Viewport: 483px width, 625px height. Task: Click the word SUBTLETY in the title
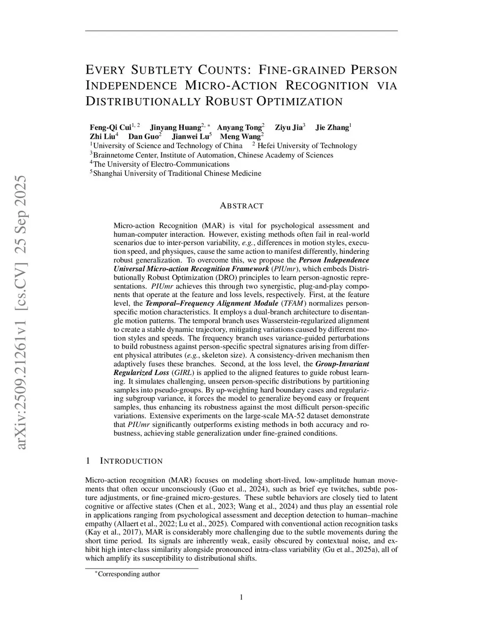coord(160,70)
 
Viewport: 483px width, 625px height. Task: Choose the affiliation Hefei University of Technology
coord(307,146)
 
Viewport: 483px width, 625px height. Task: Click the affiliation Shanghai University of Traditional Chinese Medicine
coord(177,173)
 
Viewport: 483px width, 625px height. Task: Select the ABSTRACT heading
coord(241,206)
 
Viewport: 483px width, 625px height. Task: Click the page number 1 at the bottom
coord(241,598)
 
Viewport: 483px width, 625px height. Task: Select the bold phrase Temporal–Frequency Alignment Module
coord(212,303)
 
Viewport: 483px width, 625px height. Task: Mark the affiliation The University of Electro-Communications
coord(161,164)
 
